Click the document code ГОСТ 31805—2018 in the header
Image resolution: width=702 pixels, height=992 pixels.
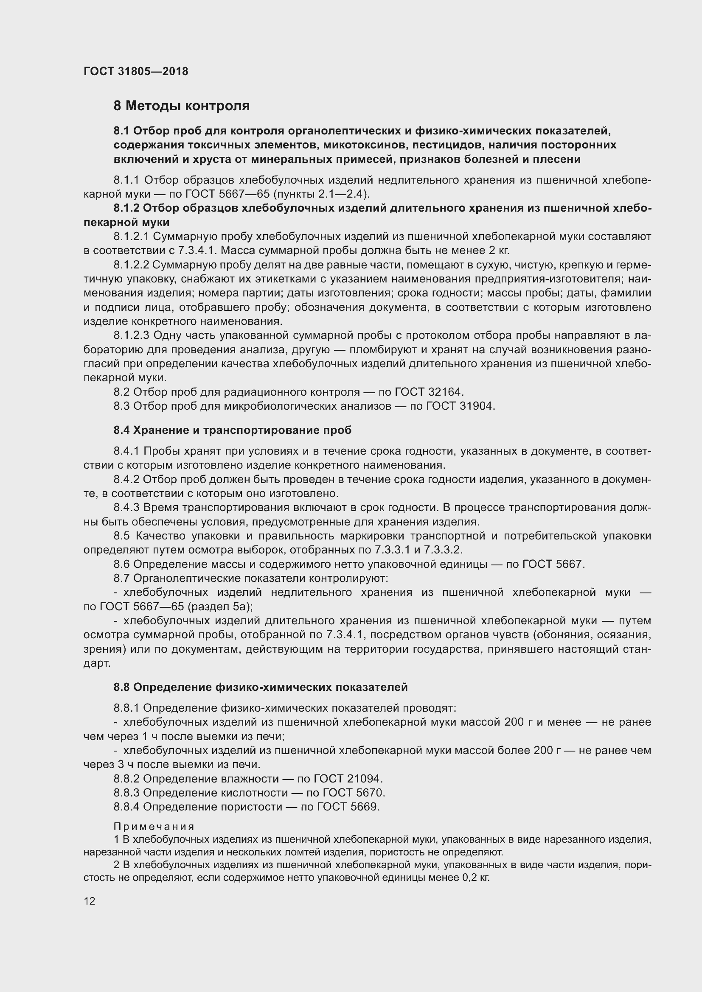coord(136,71)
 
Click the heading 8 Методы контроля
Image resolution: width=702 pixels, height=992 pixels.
coord(182,106)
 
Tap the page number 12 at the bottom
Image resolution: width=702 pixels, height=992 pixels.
coord(90,901)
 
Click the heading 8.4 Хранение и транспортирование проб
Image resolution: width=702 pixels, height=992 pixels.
coord(233,430)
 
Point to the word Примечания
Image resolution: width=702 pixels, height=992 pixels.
coord(154,827)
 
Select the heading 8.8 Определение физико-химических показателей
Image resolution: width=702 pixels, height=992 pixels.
coord(261,687)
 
